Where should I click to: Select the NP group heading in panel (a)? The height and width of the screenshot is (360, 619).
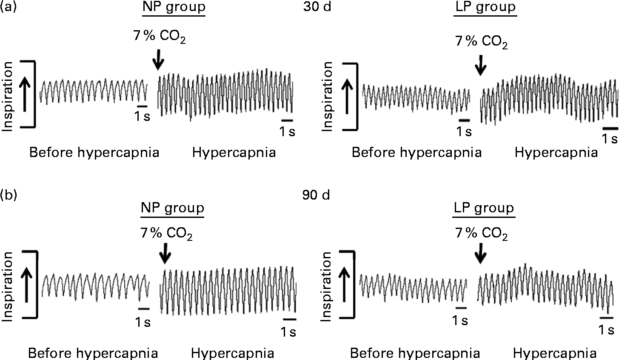(174, 8)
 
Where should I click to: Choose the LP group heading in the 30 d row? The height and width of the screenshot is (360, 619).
(485, 8)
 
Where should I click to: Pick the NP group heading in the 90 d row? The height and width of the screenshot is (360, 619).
(173, 209)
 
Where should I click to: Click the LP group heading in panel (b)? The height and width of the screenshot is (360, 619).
(484, 209)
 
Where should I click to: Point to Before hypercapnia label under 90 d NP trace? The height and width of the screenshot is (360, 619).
(93, 353)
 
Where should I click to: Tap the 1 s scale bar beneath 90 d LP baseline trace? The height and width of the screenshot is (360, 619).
(461, 307)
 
